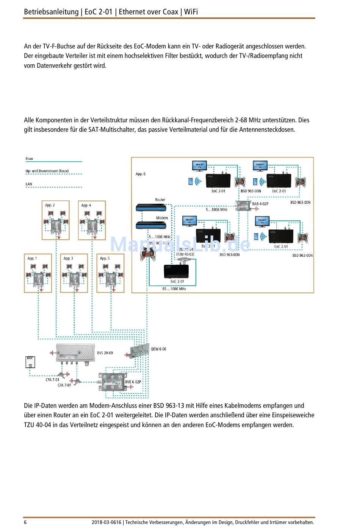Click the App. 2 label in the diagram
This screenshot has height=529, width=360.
click(x=50, y=205)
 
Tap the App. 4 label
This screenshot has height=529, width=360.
click(x=86, y=205)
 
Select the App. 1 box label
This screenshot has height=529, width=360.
click(x=32, y=258)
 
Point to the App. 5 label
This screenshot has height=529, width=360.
click(x=105, y=258)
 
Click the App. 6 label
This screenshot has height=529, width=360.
click(x=141, y=174)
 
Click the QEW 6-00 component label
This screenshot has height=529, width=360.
click(x=158, y=349)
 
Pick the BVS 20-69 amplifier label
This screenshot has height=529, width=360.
click(x=105, y=353)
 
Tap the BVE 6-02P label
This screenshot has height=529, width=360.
click(x=133, y=382)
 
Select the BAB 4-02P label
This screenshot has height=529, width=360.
click(x=260, y=204)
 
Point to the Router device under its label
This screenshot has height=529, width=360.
click(x=151, y=207)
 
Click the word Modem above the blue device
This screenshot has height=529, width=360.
click(x=162, y=218)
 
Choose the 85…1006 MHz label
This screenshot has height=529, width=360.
click(x=174, y=289)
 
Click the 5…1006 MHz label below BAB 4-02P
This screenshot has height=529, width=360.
click(x=216, y=209)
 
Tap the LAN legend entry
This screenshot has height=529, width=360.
click(x=29, y=184)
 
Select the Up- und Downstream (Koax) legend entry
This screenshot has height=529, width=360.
click(x=47, y=171)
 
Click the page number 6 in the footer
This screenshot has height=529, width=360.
click(x=25, y=523)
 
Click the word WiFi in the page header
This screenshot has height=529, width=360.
click(x=191, y=12)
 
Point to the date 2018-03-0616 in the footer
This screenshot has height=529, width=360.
click(x=106, y=523)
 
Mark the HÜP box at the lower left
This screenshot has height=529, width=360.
click(x=30, y=362)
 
